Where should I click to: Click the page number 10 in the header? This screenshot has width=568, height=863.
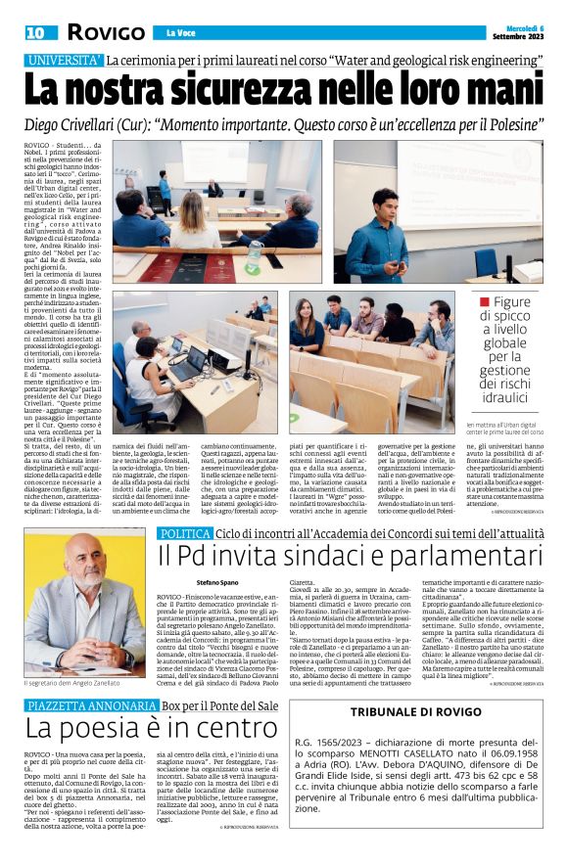coord(34,32)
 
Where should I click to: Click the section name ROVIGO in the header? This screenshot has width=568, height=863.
coord(106,32)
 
